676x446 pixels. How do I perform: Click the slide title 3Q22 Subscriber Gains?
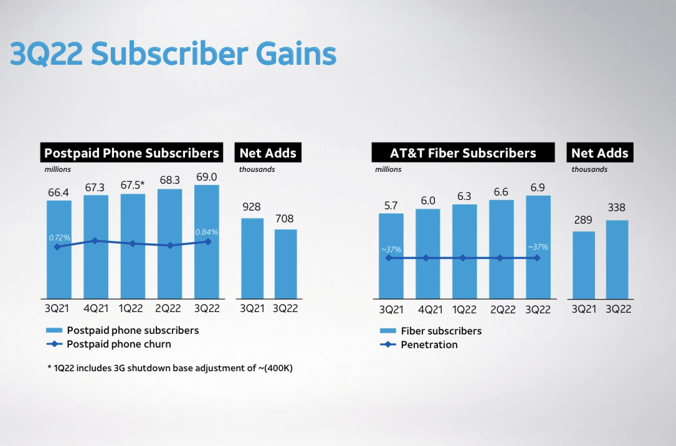[x=173, y=55]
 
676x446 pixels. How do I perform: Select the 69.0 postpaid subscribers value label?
[x=206, y=177]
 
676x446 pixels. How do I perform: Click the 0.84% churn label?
[x=206, y=232]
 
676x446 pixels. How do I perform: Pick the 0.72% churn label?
[x=60, y=238]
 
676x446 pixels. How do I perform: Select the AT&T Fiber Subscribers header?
[x=463, y=153]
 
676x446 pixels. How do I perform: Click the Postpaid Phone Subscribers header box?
[x=132, y=153]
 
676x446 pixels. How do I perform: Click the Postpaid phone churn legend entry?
[x=118, y=344]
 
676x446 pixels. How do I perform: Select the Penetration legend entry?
[x=429, y=344]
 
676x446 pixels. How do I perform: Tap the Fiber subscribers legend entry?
[x=440, y=331]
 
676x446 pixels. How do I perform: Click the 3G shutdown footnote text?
[x=170, y=368]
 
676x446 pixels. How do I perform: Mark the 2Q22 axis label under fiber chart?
[x=500, y=310]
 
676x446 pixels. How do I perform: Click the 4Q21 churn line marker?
[x=95, y=240]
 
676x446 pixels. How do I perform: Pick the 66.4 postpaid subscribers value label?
[x=59, y=193]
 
